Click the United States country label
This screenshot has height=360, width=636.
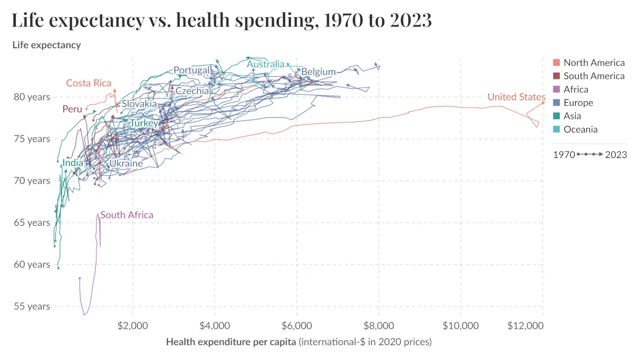pos(516,97)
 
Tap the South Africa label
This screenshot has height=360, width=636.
pos(127,215)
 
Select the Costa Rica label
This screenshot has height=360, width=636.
pos(89,83)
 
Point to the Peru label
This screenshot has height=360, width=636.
pos(72,109)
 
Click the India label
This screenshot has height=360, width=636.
pos(73,163)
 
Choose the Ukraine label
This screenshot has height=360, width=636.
pos(126,163)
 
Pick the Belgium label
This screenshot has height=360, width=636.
pos(319,72)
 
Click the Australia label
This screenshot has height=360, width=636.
pos(266,65)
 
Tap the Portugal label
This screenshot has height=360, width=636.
pos(192,71)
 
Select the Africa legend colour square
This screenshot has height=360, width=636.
pos(556,90)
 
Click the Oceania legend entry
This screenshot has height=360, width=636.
pos(580,129)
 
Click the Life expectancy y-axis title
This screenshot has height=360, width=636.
pos(47,45)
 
